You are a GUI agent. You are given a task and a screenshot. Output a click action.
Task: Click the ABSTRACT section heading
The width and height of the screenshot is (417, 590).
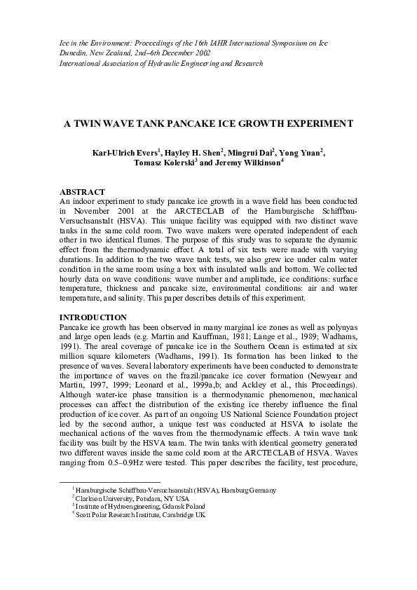[82, 192]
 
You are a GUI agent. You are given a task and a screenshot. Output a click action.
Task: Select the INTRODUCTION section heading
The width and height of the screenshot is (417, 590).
[93, 317]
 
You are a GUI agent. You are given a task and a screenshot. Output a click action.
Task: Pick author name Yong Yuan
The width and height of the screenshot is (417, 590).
[301, 153]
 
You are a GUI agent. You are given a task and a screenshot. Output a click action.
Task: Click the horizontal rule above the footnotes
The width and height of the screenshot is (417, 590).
[110, 481]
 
